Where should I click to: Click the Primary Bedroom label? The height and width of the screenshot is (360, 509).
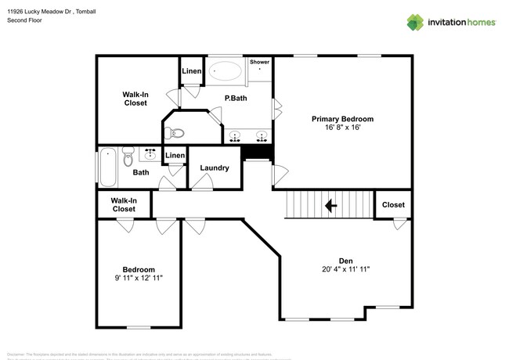point(342,119)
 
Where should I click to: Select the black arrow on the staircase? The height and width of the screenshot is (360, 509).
point(330,206)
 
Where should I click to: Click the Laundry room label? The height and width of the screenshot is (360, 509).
point(214,168)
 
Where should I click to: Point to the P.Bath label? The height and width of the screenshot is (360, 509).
point(236,99)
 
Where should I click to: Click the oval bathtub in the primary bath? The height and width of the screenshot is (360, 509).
point(226,70)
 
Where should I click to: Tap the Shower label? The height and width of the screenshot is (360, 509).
point(259,62)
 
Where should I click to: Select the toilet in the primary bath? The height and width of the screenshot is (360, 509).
point(178,131)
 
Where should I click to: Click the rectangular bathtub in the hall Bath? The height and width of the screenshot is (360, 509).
point(107,166)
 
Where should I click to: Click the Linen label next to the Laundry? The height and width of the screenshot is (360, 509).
point(175,156)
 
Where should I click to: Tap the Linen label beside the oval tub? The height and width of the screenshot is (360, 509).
point(192,72)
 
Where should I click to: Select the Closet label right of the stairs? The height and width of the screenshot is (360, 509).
point(393,205)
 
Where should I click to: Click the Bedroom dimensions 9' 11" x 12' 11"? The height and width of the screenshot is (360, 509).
point(138,278)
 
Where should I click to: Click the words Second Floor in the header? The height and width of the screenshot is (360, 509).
point(24,21)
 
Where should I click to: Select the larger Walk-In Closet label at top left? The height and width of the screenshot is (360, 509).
point(135,99)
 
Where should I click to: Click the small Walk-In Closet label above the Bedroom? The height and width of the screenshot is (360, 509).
point(124,205)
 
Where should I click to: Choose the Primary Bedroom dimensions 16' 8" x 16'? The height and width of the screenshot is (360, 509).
point(342,128)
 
